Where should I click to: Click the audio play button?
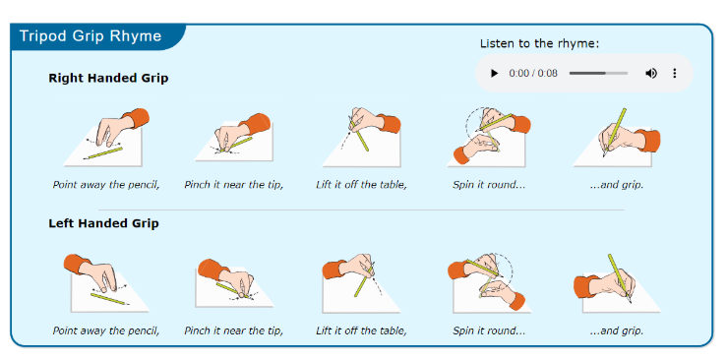(x=494, y=73)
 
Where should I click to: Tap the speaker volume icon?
(x=651, y=73)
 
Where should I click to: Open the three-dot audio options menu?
(x=675, y=73)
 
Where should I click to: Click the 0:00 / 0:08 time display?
(x=533, y=73)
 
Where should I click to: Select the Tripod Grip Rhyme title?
(x=91, y=36)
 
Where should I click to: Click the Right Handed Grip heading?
(x=108, y=78)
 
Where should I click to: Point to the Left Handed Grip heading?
(x=104, y=223)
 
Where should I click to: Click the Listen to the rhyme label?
(x=540, y=43)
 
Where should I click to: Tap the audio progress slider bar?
(x=598, y=73)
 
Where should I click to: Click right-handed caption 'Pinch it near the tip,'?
(x=234, y=185)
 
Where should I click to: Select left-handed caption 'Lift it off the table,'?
(x=362, y=330)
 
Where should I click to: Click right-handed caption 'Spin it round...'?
(x=489, y=185)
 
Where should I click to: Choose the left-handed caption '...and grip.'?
(x=617, y=331)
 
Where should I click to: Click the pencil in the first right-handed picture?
(x=103, y=153)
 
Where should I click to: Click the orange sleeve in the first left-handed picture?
(x=77, y=265)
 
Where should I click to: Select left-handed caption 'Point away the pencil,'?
(x=106, y=330)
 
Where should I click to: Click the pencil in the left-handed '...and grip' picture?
(x=620, y=278)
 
